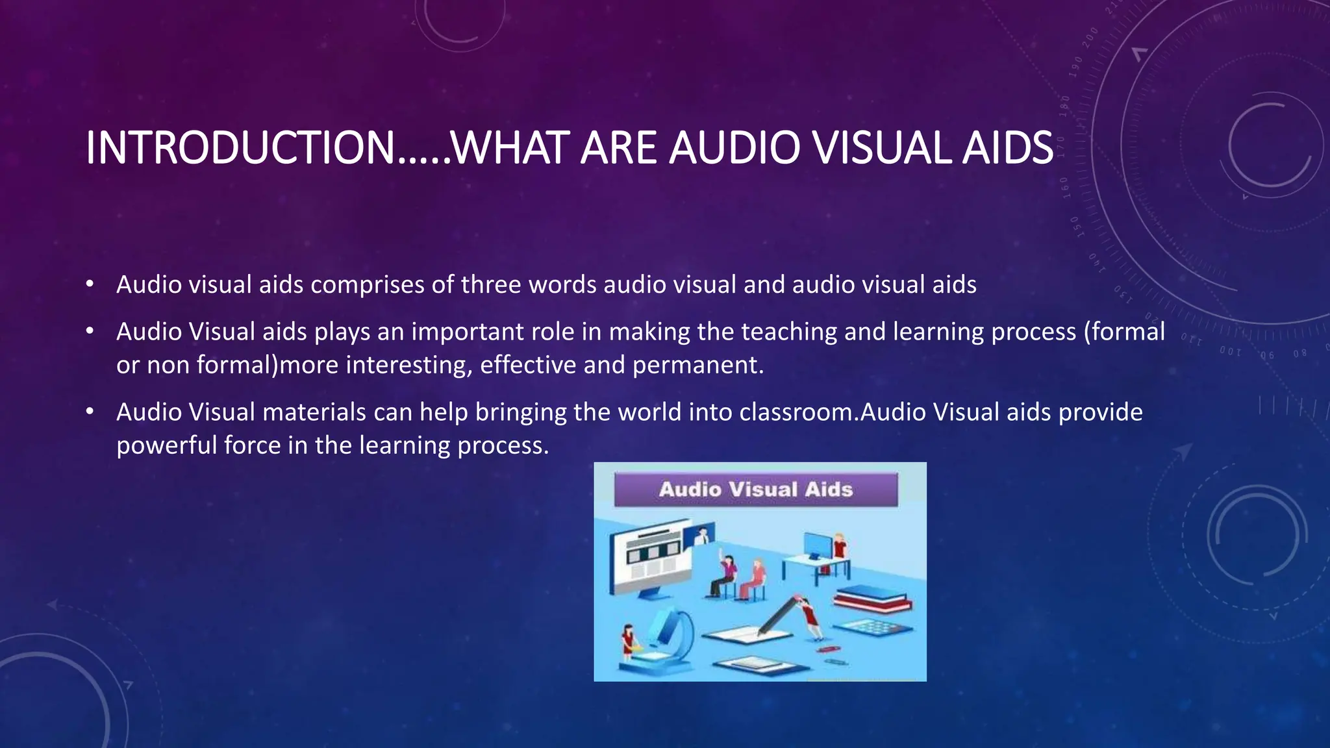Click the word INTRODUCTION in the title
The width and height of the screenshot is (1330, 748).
click(x=240, y=148)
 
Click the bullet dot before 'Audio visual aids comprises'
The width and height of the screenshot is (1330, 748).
click(x=90, y=284)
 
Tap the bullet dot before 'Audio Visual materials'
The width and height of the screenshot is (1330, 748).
click(x=90, y=412)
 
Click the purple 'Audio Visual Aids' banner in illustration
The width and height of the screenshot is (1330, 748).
click(x=756, y=490)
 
